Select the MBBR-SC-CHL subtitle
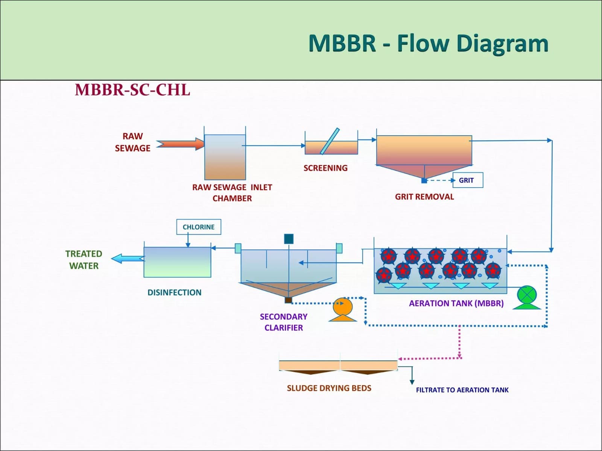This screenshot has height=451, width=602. (132, 90)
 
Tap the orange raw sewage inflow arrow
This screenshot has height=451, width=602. (181, 144)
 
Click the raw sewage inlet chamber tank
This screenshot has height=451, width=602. (225, 157)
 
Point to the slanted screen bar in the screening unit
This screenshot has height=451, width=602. (330, 141)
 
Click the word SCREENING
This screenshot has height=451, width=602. (325, 168)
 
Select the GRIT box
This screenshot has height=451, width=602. (468, 180)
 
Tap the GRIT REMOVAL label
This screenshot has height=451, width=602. (424, 197)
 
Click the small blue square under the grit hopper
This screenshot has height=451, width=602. (424, 181)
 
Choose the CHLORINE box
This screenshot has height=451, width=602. (199, 227)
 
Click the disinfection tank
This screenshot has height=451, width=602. (178, 262)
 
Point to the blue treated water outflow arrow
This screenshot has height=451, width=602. (128, 259)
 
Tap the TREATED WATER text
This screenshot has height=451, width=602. (84, 260)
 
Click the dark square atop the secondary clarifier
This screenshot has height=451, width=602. (289, 239)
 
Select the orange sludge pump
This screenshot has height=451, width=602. (343, 310)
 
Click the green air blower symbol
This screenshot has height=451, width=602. (527, 297)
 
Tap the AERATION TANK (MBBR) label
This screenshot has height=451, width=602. (456, 303)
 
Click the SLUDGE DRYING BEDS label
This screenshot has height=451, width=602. (329, 388)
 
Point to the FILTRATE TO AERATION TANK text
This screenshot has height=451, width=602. (462, 390)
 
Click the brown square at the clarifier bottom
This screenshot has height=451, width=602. (288, 300)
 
